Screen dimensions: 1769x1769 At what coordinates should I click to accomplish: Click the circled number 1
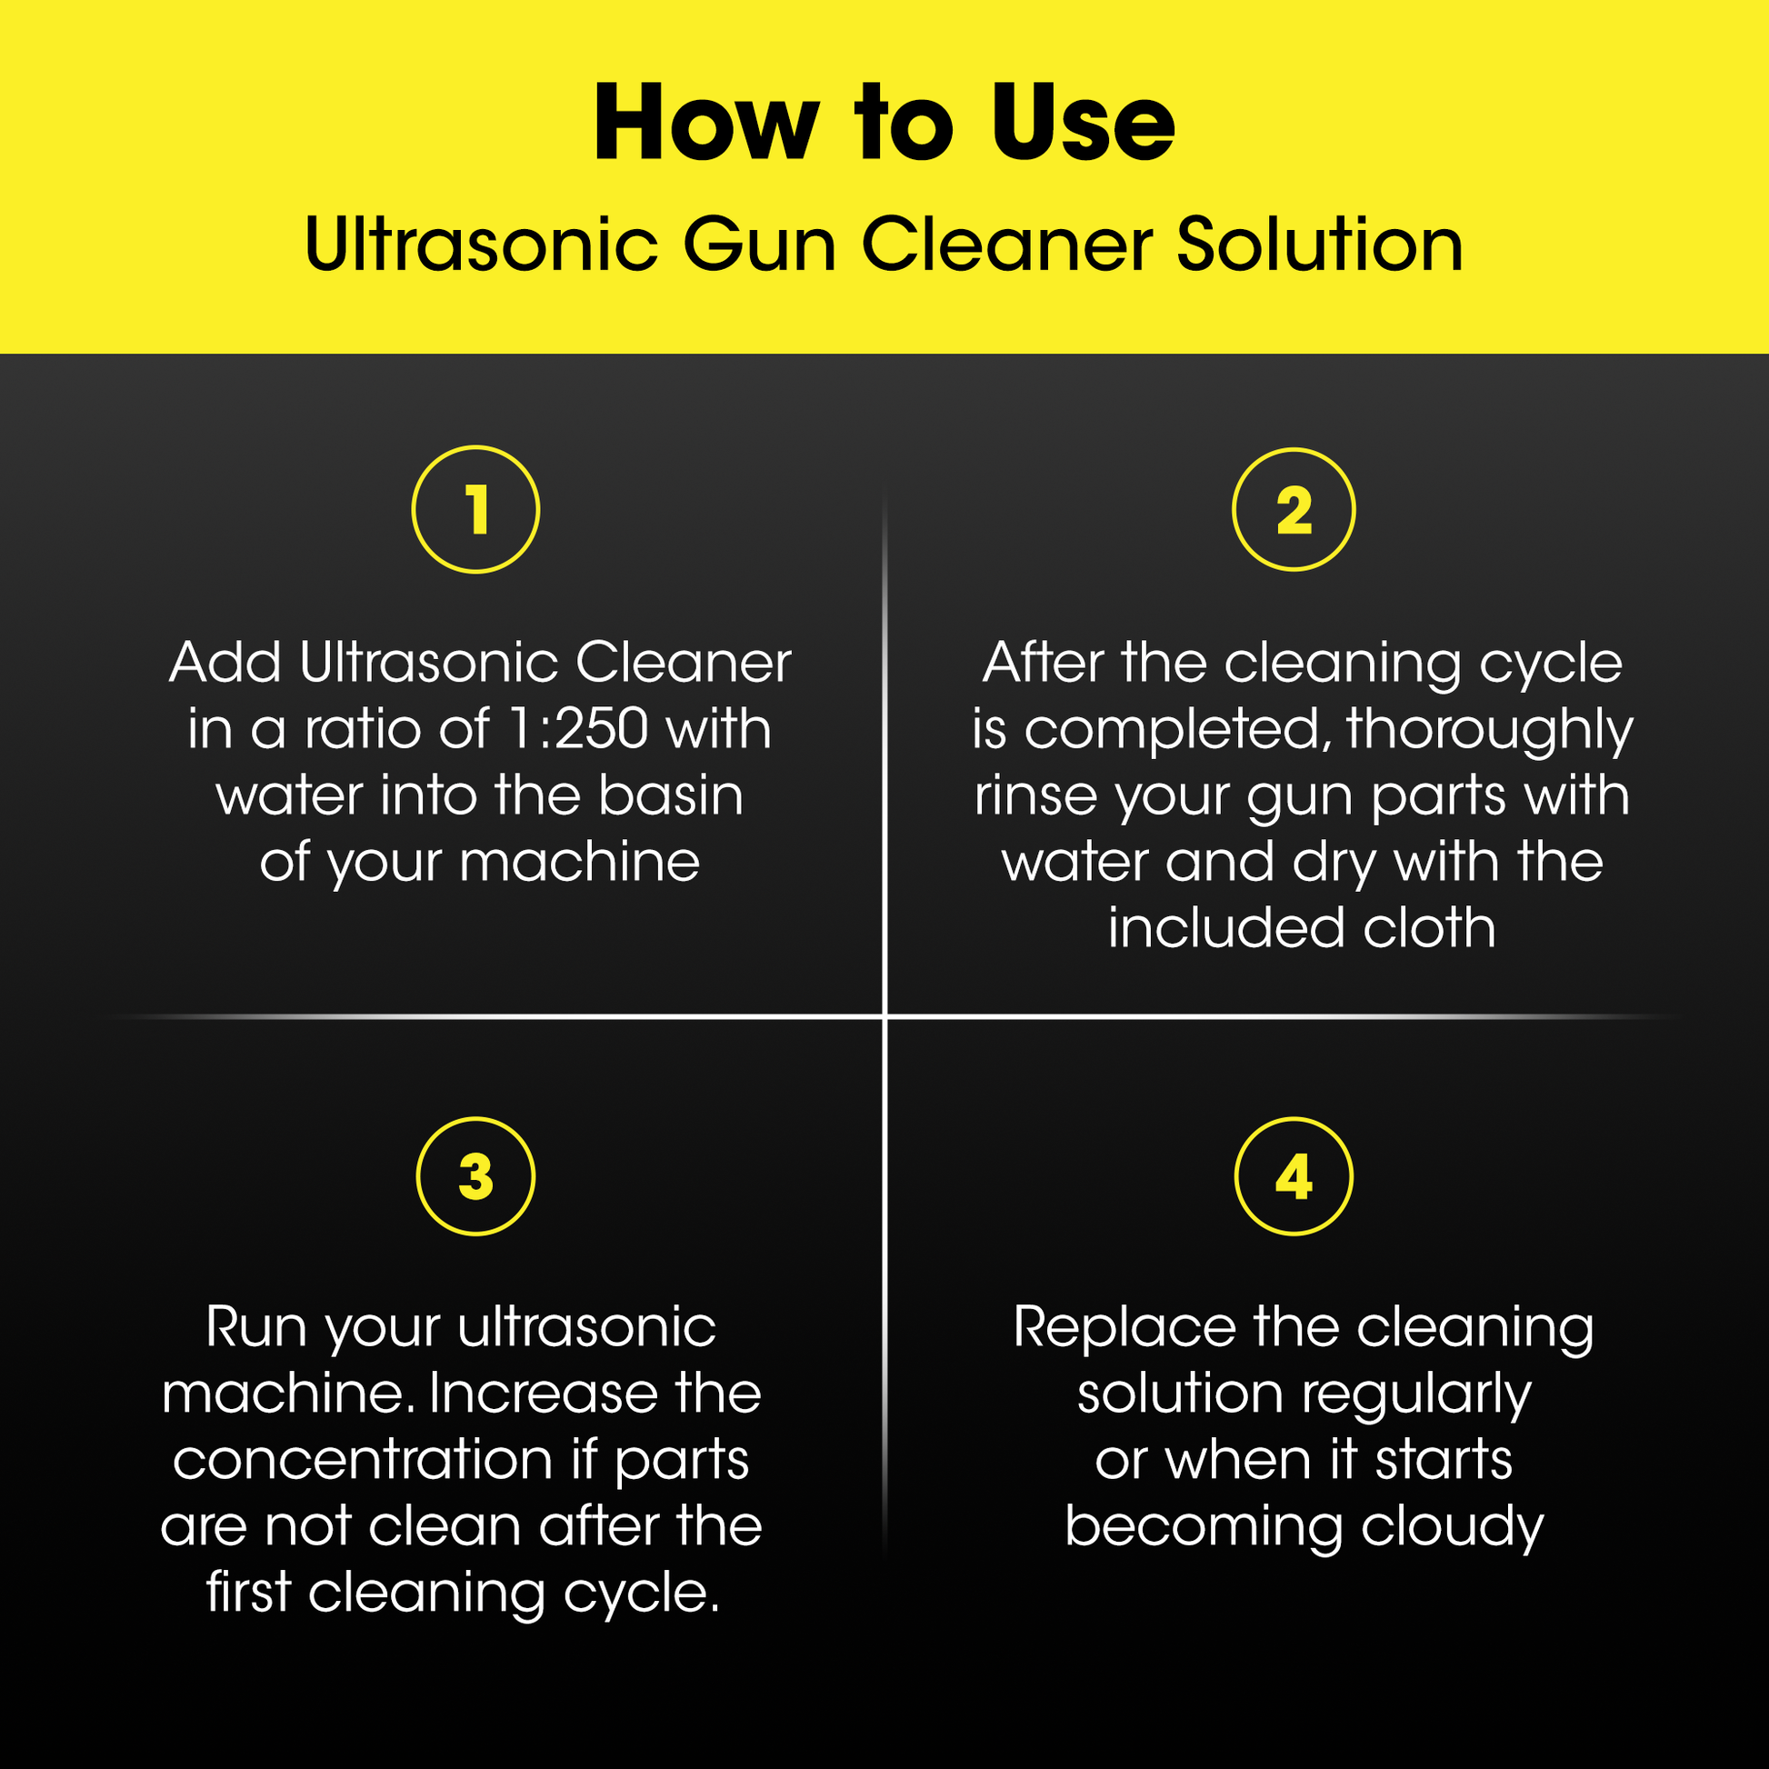[x=475, y=509]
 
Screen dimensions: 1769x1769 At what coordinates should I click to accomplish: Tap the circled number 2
[x=1293, y=509]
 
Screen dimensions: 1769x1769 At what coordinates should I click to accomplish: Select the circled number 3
[x=475, y=1176]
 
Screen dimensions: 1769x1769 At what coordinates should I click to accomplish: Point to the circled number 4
[x=1293, y=1176]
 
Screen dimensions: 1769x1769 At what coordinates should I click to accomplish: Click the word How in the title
[x=706, y=124]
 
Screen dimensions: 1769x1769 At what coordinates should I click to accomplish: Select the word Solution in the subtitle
[x=1319, y=245]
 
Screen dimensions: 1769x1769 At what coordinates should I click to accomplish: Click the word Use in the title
[x=1083, y=124]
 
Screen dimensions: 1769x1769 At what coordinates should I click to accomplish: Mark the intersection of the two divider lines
[x=884, y=1016]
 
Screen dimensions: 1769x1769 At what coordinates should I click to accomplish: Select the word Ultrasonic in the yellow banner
[x=482, y=245]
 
